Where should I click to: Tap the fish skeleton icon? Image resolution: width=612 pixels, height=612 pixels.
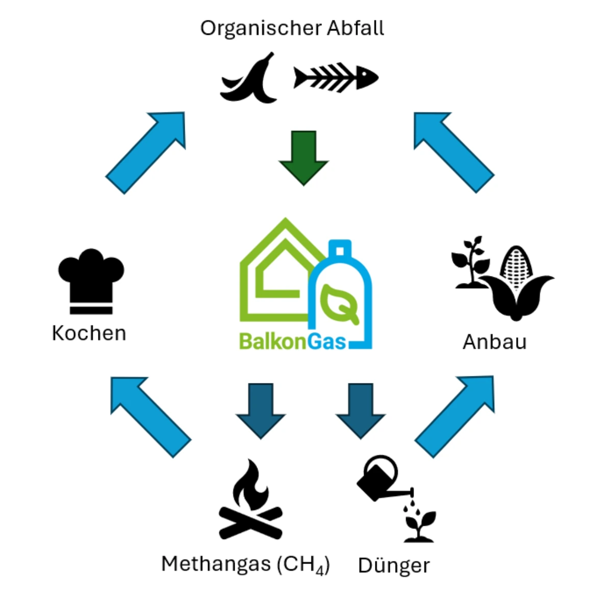(336, 78)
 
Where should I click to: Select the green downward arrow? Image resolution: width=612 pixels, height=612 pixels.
(303, 158)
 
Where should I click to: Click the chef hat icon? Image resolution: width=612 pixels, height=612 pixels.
(91, 282)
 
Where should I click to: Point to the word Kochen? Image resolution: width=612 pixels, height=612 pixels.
(89, 333)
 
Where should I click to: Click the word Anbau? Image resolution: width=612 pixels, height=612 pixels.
(495, 342)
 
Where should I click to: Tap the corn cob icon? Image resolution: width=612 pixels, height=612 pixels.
(517, 283)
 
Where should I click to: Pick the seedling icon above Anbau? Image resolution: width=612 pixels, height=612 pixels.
(471, 262)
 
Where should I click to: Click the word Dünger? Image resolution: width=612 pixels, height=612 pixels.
(394, 566)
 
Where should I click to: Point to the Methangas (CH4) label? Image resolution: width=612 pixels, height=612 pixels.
(245, 565)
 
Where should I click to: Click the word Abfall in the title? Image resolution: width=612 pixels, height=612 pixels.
(355, 28)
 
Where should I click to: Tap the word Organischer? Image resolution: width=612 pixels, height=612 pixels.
(261, 29)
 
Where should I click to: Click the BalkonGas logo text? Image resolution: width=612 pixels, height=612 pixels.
(293, 341)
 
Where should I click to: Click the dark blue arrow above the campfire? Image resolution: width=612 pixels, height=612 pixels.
(261, 411)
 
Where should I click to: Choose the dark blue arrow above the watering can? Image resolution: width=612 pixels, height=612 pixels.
(361, 411)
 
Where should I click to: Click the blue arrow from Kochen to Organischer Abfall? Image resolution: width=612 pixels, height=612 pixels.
(145, 153)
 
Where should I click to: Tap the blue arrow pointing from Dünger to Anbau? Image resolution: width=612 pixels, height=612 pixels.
(455, 417)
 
